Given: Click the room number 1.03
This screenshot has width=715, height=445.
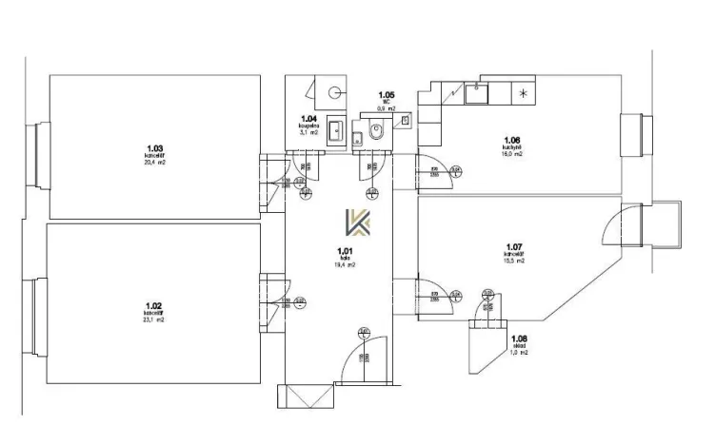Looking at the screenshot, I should [155, 147].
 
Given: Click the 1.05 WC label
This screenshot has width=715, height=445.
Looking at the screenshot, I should [387, 95].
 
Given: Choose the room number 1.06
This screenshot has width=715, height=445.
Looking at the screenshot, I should [511, 140].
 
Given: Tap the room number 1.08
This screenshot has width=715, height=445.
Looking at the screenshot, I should [519, 339].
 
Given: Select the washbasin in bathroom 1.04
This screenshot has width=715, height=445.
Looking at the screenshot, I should [334, 129].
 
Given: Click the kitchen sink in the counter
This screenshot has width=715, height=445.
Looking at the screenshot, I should [473, 93].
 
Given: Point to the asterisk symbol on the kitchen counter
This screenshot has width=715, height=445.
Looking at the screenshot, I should [522, 93].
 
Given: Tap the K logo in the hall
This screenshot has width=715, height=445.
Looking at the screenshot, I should [359, 224].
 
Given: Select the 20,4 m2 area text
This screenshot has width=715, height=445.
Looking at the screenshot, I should [155, 163].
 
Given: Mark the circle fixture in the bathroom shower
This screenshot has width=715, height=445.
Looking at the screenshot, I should [334, 92].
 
